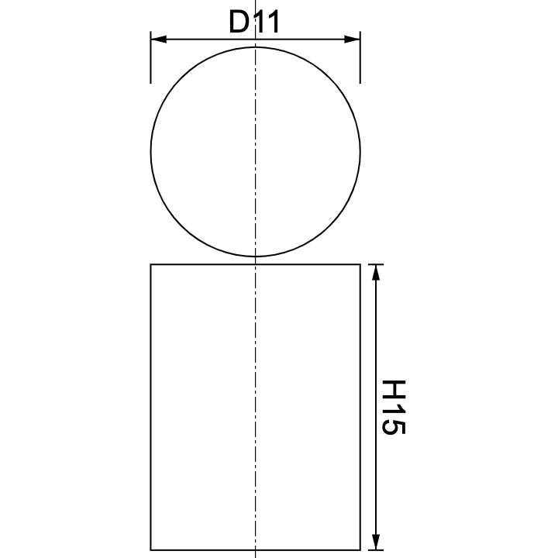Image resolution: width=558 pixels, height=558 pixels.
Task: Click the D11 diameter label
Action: pos(254,22)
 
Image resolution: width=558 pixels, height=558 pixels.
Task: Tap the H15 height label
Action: pos(394,406)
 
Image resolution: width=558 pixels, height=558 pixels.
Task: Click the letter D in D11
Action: pos(239,22)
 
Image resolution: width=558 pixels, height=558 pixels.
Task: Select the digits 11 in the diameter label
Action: pos(265,22)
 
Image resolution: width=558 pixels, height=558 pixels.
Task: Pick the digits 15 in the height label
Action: pos(394,418)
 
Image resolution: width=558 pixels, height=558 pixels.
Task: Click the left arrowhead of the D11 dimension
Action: pos(157,38)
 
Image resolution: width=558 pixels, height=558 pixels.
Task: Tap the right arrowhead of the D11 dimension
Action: pos(353,38)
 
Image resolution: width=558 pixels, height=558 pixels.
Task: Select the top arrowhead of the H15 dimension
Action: pos(376,271)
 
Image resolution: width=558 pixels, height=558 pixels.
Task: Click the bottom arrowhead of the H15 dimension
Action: pos(376,542)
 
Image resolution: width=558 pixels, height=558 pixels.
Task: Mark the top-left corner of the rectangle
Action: pos(150,264)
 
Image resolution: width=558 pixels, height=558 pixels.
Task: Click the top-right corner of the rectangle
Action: pos(360,264)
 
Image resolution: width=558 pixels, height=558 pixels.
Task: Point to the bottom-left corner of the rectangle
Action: pos(150,549)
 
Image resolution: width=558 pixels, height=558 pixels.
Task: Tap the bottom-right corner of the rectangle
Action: pos(360,549)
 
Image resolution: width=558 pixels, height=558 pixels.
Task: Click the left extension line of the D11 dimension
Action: pos(150,62)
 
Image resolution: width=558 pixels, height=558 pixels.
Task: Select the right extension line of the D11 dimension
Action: pos(360,62)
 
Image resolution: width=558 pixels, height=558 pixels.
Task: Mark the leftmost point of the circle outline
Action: pos(151,153)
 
